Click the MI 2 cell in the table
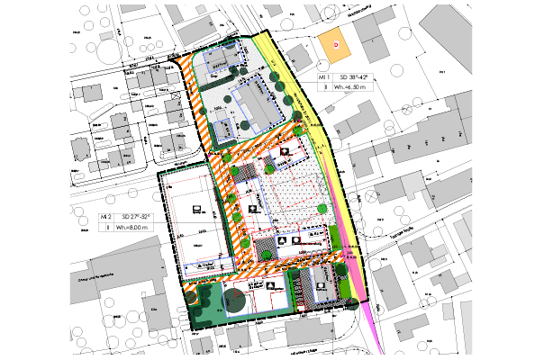point(108,218)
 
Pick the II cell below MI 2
point(108,229)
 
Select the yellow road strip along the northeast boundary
point(297,85)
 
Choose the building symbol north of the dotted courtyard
point(285,152)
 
